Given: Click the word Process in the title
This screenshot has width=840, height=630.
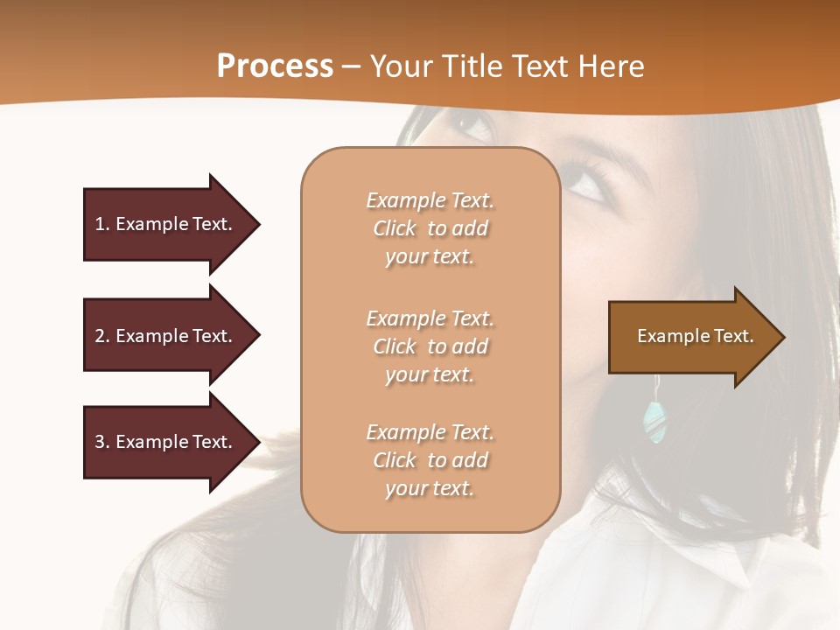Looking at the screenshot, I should [275, 66].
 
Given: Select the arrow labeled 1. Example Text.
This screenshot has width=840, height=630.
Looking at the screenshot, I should [171, 224].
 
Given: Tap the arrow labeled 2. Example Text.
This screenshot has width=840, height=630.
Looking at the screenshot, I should [171, 336].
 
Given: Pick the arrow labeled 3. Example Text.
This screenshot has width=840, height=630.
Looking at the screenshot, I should [171, 442].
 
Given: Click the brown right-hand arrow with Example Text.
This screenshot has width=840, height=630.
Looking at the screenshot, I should [696, 336].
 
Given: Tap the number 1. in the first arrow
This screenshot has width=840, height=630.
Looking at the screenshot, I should [102, 224].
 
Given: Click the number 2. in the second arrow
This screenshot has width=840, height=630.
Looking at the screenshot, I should [102, 336].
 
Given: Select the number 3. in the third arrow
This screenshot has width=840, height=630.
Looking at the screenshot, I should [102, 442].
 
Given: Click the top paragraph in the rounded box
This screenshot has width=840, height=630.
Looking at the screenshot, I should [430, 228].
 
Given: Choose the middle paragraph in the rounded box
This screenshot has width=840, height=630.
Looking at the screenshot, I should [430, 346].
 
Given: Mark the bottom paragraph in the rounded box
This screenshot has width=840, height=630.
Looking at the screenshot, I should [430, 460].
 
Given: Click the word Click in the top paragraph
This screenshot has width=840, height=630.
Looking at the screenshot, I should [395, 228].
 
